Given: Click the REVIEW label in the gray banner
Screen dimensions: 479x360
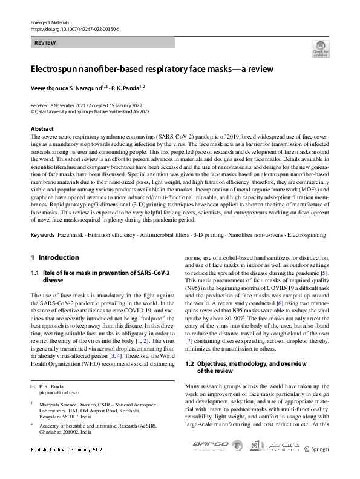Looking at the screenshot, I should click(x=45, y=43).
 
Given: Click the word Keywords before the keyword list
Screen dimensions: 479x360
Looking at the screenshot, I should click(x=44, y=234).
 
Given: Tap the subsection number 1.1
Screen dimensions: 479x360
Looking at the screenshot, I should click(x=35, y=273).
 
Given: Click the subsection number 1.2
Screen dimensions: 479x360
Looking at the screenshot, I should click(x=189, y=363).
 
